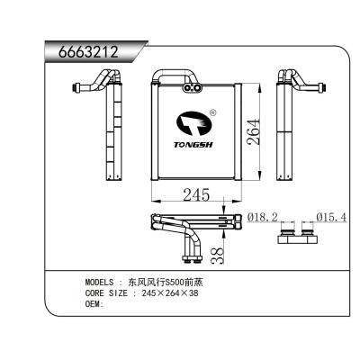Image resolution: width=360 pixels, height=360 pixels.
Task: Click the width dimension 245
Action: click(x=196, y=193)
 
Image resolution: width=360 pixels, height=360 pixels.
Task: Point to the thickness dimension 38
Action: click(x=216, y=256)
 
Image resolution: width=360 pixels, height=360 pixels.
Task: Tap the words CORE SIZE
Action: click(x=105, y=293)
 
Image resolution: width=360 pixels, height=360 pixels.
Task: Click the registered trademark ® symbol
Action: click(x=212, y=113)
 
